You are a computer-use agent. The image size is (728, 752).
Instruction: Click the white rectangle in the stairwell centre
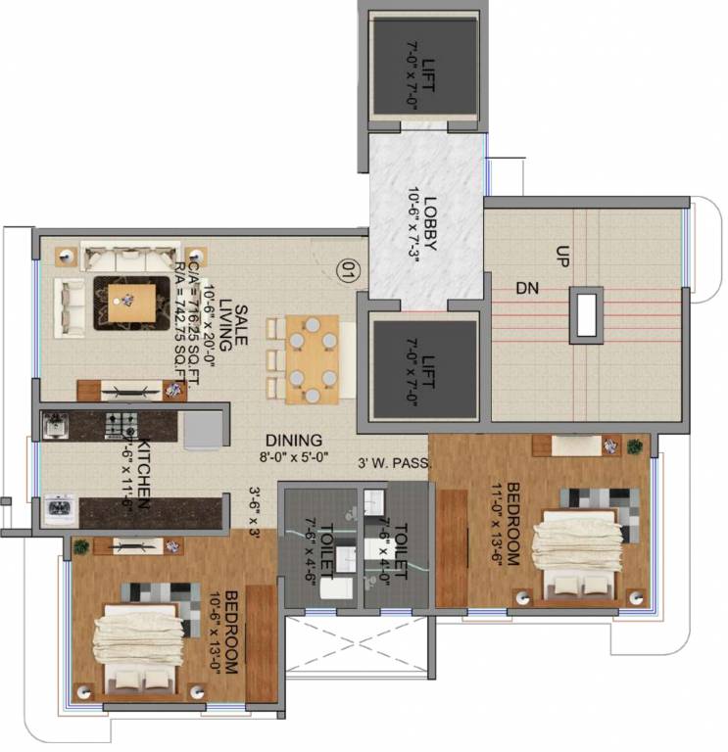tap(587, 315)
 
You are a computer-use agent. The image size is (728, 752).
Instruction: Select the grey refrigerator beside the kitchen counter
tap(203, 429)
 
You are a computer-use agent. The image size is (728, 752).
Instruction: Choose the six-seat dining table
tap(312, 358)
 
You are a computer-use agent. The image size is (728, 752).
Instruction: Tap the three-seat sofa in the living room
tap(116, 259)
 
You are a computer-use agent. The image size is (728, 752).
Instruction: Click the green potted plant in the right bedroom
tap(635, 446)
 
